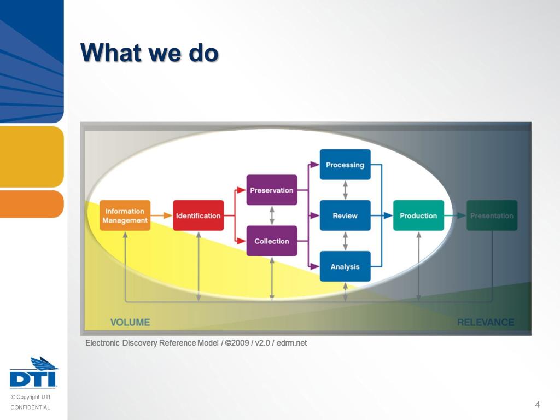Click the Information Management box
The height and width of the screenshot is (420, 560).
coord(125,215)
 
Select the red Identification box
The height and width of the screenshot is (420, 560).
coord(198,215)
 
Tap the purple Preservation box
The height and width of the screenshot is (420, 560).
coord(272,190)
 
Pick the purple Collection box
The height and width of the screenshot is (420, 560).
coord(272,241)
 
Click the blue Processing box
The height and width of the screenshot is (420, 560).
coord(345,165)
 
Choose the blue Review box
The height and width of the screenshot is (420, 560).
coord(345,215)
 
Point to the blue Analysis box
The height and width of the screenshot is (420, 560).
coord(345,266)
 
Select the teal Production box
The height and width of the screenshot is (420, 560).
coord(418,215)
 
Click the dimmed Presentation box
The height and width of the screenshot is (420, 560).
coord(492,215)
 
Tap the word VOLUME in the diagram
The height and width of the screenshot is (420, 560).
coord(130,322)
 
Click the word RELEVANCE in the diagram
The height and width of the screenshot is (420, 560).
coord(486,322)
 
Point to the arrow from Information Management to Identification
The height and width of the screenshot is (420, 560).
coord(161,215)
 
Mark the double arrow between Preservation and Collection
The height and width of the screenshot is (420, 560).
coord(272,215)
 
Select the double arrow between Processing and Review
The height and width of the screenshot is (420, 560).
coord(345,190)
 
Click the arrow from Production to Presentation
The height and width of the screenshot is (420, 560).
coord(455,215)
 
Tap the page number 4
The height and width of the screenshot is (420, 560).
coord(538,405)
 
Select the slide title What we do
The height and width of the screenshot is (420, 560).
coord(150,53)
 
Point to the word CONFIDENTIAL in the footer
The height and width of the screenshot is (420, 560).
coord(30,407)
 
